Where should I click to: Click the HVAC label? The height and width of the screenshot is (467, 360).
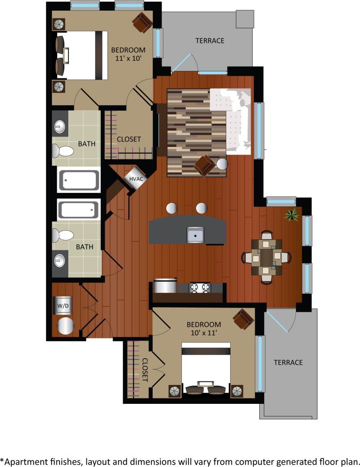pyautogui.click(x=136, y=179)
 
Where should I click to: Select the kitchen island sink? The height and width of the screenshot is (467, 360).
pyautogui.click(x=196, y=234)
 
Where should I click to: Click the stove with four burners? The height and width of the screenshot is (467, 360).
pyautogui.click(x=200, y=287)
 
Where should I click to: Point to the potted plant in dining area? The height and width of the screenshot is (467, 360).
pyautogui.click(x=292, y=215)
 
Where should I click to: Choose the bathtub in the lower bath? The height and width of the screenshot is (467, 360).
pyautogui.click(x=78, y=210)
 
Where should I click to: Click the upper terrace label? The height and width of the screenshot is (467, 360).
pyautogui.click(x=210, y=41)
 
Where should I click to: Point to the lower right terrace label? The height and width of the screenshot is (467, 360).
pyautogui.click(x=288, y=362)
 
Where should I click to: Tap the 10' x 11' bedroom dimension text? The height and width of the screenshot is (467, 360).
pyautogui.click(x=204, y=333)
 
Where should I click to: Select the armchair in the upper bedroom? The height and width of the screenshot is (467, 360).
pyautogui.click(x=143, y=22)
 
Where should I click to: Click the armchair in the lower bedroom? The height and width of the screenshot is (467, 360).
pyautogui.click(x=244, y=319)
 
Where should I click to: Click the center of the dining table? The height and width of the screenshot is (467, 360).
pyautogui.click(x=266, y=257)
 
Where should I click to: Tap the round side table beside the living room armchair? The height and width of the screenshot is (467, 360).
pyautogui.click(x=223, y=164)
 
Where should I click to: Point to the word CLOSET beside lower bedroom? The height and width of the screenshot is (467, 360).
pyautogui.click(x=145, y=369)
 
